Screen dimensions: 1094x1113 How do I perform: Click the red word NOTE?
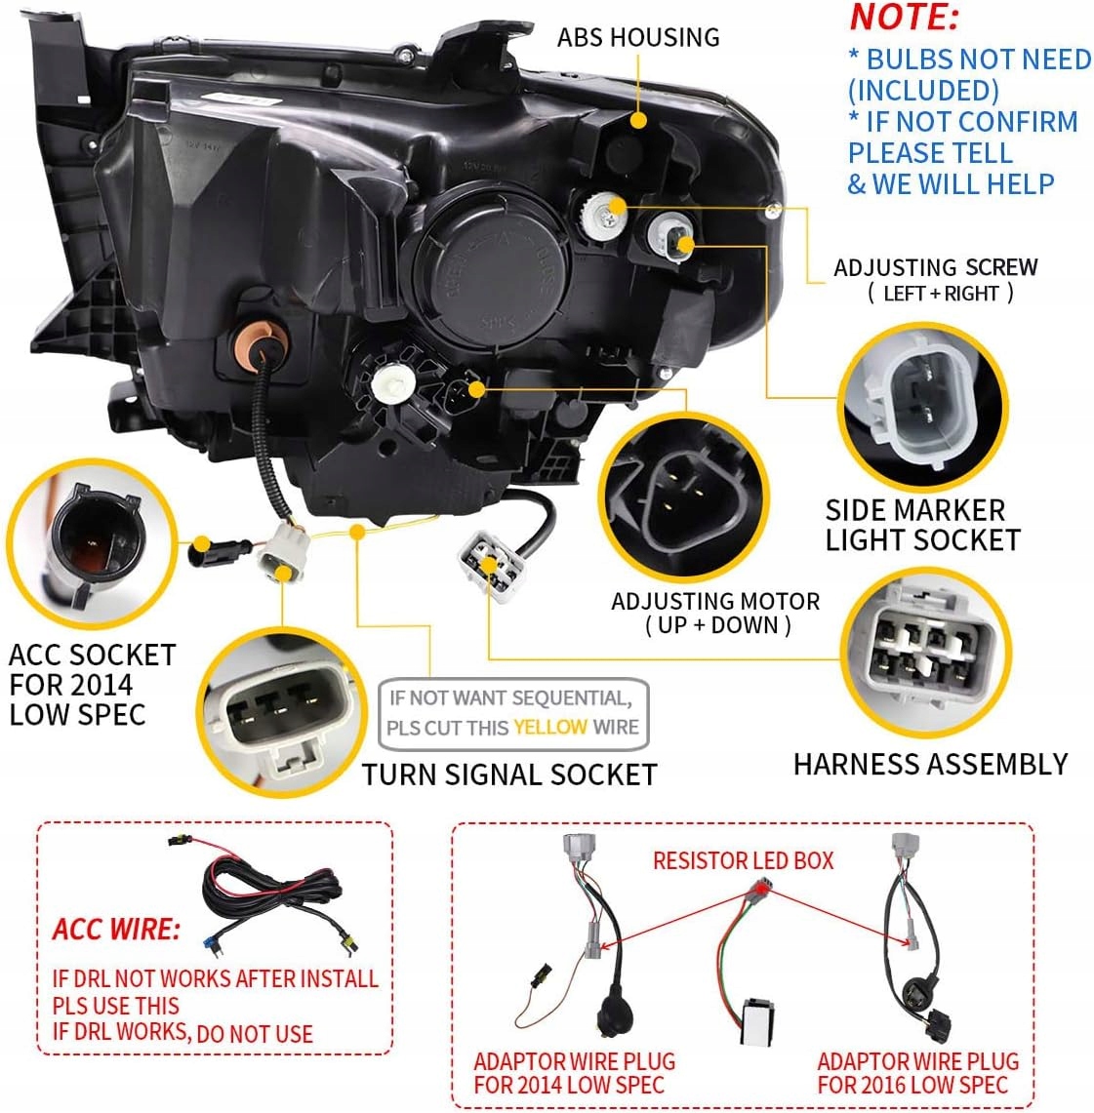(904, 18)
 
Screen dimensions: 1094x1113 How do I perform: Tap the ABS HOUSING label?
(638, 37)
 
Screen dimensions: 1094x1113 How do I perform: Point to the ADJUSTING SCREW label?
(935, 279)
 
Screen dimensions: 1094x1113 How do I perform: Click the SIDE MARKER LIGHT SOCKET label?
(922, 525)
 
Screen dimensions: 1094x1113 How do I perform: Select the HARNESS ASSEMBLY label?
(930, 764)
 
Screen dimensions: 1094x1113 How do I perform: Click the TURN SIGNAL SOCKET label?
(509, 775)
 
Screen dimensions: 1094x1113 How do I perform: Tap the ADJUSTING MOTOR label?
(715, 613)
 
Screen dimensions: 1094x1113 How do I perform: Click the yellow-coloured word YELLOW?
(550, 727)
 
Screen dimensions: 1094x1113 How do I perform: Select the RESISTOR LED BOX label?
(744, 860)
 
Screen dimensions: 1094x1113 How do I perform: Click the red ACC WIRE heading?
(116, 929)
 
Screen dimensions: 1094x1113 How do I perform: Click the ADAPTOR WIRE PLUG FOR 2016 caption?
(917, 1072)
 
